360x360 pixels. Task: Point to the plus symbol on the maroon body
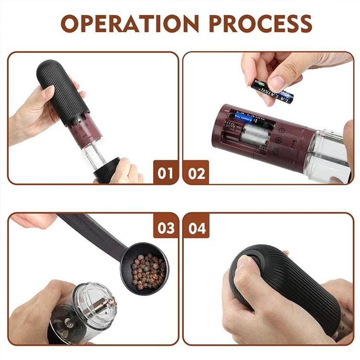point(279,140)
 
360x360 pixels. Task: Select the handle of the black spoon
point(91,234)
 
